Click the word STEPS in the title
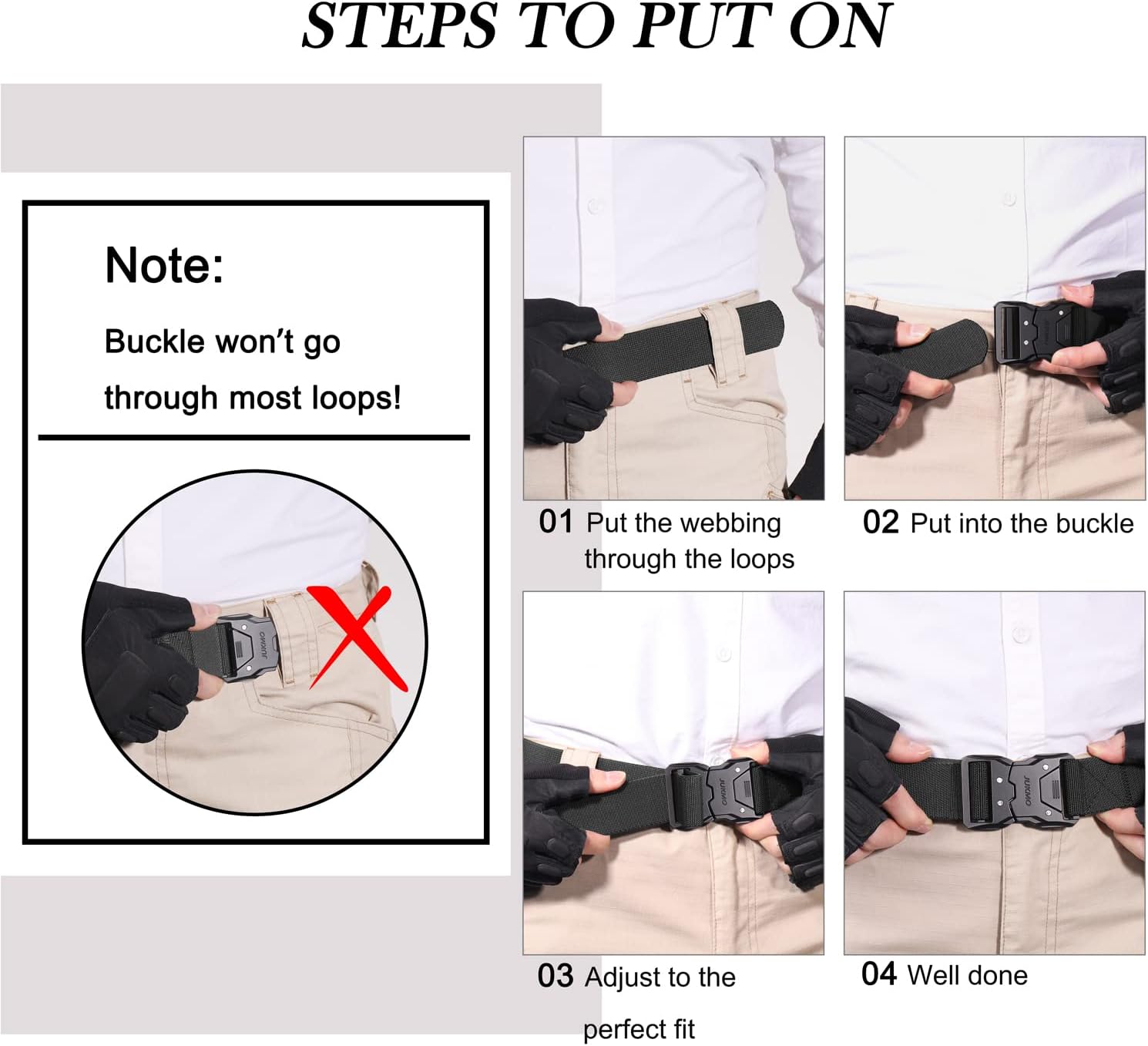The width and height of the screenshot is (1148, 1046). click(399, 27)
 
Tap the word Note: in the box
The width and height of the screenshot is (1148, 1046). click(164, 265)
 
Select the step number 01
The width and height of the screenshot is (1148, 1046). click(556, 522)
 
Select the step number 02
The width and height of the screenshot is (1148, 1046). click(881, 523)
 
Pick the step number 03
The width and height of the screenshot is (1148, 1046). click(556, 977)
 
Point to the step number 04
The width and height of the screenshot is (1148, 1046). click(879, 974)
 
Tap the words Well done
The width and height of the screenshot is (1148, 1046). click(967, 975)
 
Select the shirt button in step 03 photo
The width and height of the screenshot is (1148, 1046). click(723, 654)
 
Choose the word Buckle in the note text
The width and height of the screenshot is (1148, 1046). click(154, 341)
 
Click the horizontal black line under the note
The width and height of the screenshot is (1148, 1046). click(254, 437)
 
